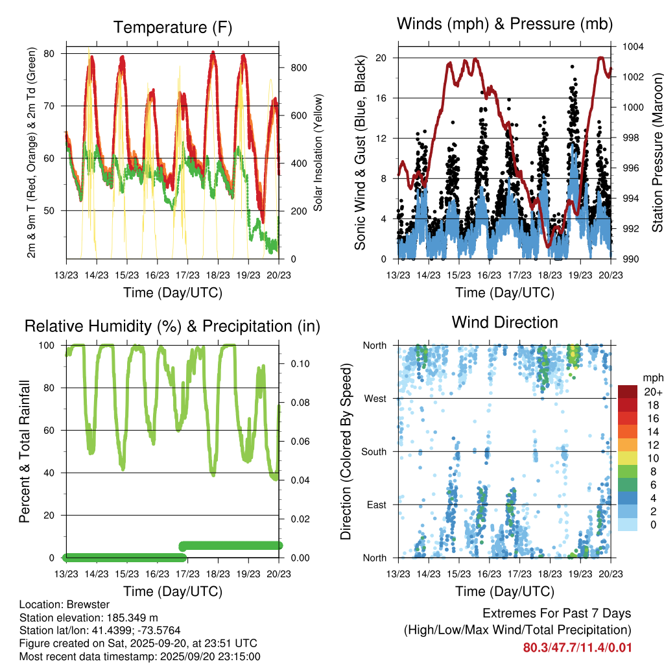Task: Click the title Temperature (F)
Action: coord(172,27)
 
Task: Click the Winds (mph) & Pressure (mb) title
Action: coord(504,25)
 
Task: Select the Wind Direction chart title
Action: coord(504,322)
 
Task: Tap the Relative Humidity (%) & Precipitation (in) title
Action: coord(172,326)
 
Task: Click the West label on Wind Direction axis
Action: coord(375,398)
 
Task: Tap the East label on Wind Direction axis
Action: coord(375,504)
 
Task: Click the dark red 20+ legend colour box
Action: coord(628,392)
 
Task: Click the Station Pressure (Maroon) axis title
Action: coord(656,153)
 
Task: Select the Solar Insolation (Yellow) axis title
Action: coord(318,153)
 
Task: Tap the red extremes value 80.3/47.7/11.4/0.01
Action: coord(577,647)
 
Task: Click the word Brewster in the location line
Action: coord(82,605)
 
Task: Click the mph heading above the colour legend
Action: coord(651,377)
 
